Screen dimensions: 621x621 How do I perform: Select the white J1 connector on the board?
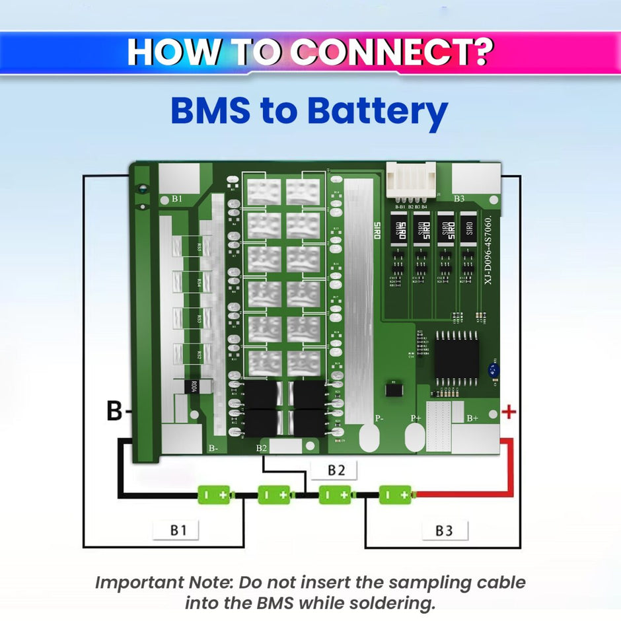coord(410,182)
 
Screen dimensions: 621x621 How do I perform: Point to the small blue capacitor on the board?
coord(493,372)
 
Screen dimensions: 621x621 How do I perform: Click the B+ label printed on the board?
coord(472,418)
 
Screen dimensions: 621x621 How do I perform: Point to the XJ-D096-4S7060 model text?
coord(488,250)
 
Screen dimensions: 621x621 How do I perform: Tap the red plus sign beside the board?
coord(509,413)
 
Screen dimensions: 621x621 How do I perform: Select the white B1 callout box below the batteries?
coord(176,530)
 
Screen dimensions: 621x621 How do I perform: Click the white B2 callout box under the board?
coord(336,471)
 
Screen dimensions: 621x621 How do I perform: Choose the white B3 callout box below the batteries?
coord(444,530)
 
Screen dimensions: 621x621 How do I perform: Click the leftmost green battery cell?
coord(215,494)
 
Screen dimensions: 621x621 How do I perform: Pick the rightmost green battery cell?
coord(395,494)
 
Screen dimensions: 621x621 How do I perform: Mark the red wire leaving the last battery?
coord(462,493)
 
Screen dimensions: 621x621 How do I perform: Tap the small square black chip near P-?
coord(394,390)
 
